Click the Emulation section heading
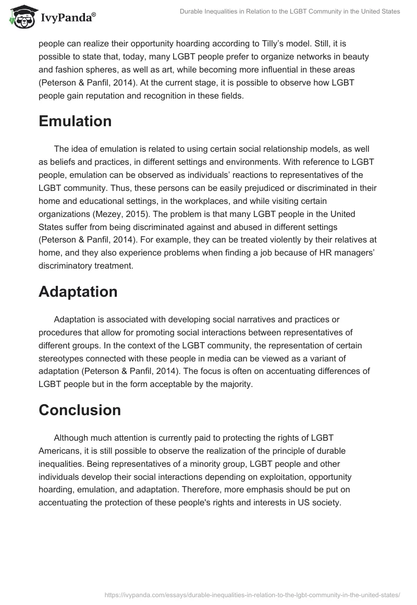[x=75, y=122]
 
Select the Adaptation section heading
[x=78, y=292]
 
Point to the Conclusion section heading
[x=80, y=410]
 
